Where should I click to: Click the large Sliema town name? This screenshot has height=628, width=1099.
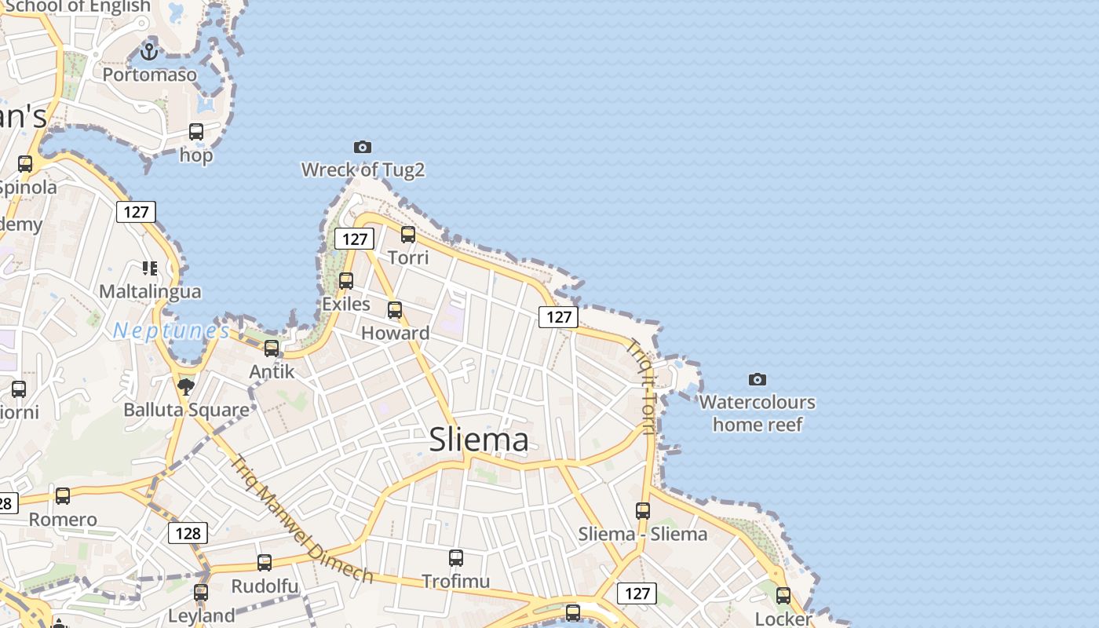[479, 440]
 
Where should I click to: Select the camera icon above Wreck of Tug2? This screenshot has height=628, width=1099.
[362, 147]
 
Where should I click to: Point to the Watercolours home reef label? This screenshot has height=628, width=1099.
[758, 414]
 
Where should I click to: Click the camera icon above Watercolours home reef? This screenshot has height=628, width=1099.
[758, 380]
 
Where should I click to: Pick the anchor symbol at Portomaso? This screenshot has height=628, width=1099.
[149, 53]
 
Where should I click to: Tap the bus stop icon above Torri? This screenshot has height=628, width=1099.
[408, 234]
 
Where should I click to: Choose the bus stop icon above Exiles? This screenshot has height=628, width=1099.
[346, 280]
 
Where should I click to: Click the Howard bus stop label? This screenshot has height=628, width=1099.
[395, 333]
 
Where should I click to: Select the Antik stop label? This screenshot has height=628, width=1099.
[272, 371]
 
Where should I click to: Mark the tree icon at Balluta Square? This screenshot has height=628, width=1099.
[186, 386]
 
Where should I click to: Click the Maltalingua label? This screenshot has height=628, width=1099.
[150, 291]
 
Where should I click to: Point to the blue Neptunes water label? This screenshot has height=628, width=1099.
[171, 330]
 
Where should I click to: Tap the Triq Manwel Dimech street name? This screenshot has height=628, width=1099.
[302, 519]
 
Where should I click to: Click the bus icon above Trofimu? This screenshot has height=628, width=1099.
[456, 558]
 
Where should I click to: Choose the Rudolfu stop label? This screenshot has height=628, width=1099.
[265, 586]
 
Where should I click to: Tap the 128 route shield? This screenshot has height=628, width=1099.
[188, 534]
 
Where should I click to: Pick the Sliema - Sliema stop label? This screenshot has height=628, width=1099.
[643, 535]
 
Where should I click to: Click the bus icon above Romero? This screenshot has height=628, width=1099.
[63, 496]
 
